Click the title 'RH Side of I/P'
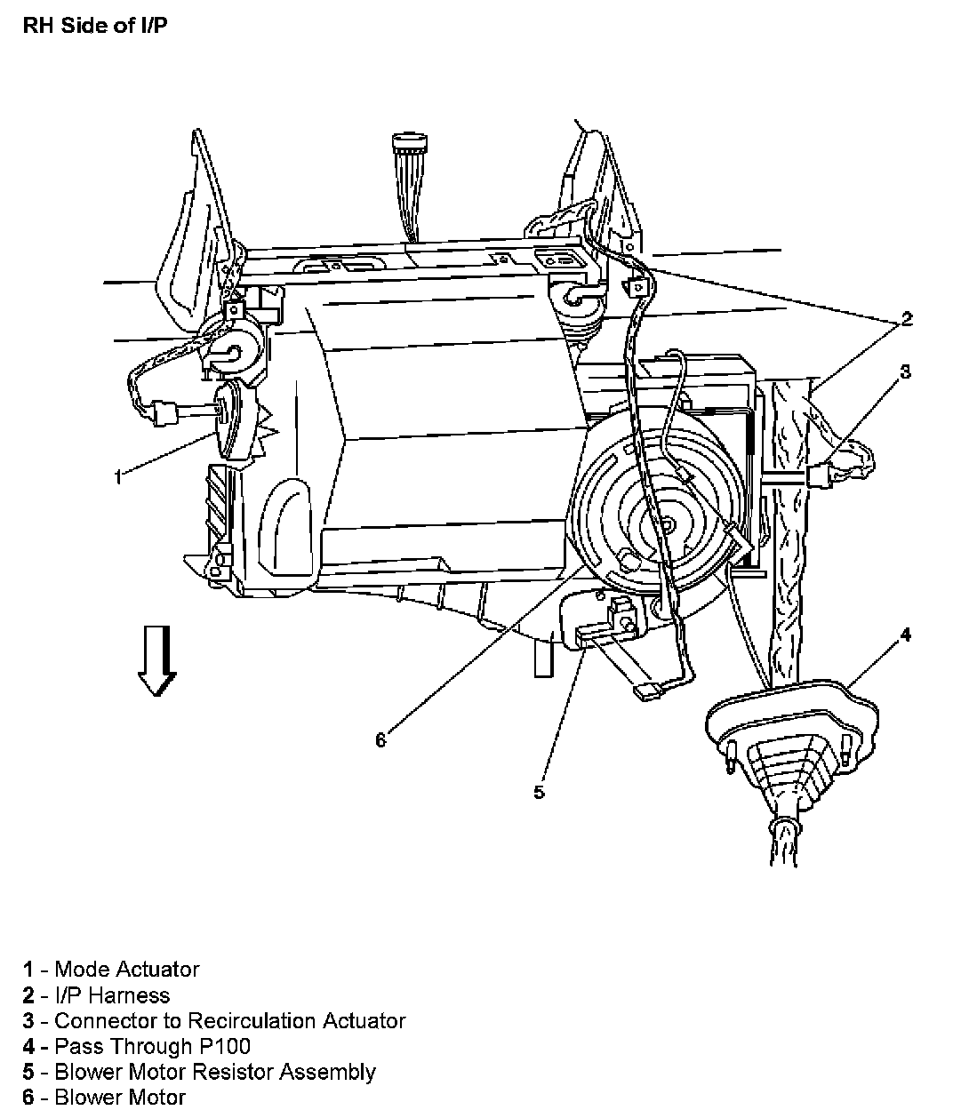pyautogui.click(x=93, y=24)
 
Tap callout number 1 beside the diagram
pyautogui.click(x=117, y=477)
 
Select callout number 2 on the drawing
pyautogui.click(x=906, y=319)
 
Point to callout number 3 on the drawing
pyautogui.click(x=905, y=371)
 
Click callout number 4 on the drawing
pyautogui.click(x=905, y=635)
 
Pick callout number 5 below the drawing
pyautogui.click(x=539, y=791)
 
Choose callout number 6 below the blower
pyautogui.click(x=380, y=739)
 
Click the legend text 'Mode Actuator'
pyautogui.click(x=127, y=969)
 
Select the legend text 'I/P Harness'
pyautogui.click(x=112, y=994)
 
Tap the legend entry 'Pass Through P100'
pyautogui.click(x=152, y=1046)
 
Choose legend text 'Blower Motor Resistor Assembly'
pyautogui.click(x=214, y=1072)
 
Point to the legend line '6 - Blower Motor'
pyautogui.click(x=105, y=1098)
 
